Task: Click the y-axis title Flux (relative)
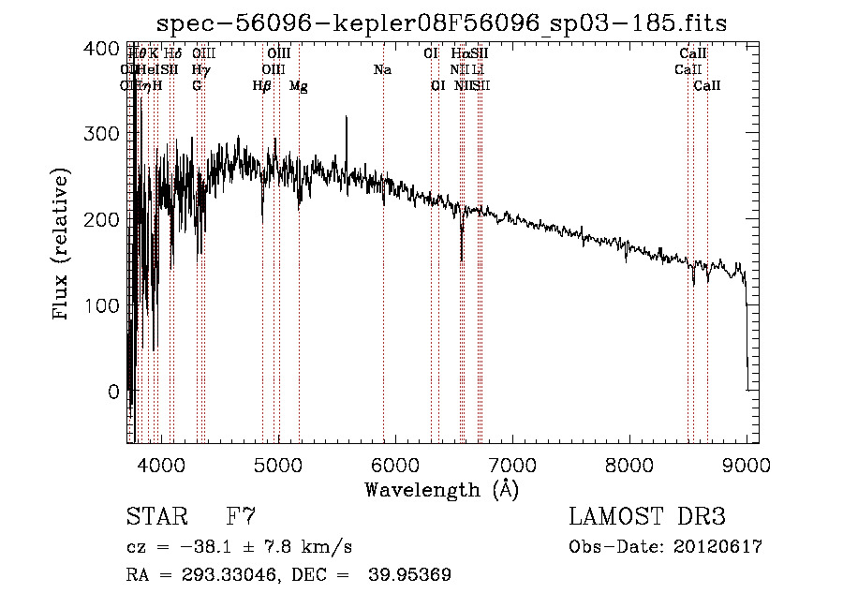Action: pyautogui.click(x=63, y=245)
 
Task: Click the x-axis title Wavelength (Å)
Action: pyautogui.click(x=441, y=489)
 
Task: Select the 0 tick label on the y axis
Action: pyautogui.click(x=113, y=391)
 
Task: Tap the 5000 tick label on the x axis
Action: pyautogui.click(x=277, y=464)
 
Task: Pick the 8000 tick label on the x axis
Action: pyautogui.click(x=629, y=464)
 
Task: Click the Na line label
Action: pyautogui.click(x=382, y=69)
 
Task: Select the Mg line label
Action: pyautogui.click(x=299, y=86)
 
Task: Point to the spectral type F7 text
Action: pyautogui.click(x=242, y=517)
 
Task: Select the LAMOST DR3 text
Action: pyautogui.click(x=646, y=517)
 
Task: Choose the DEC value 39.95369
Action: pyautogui.click(x=412, y=575)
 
